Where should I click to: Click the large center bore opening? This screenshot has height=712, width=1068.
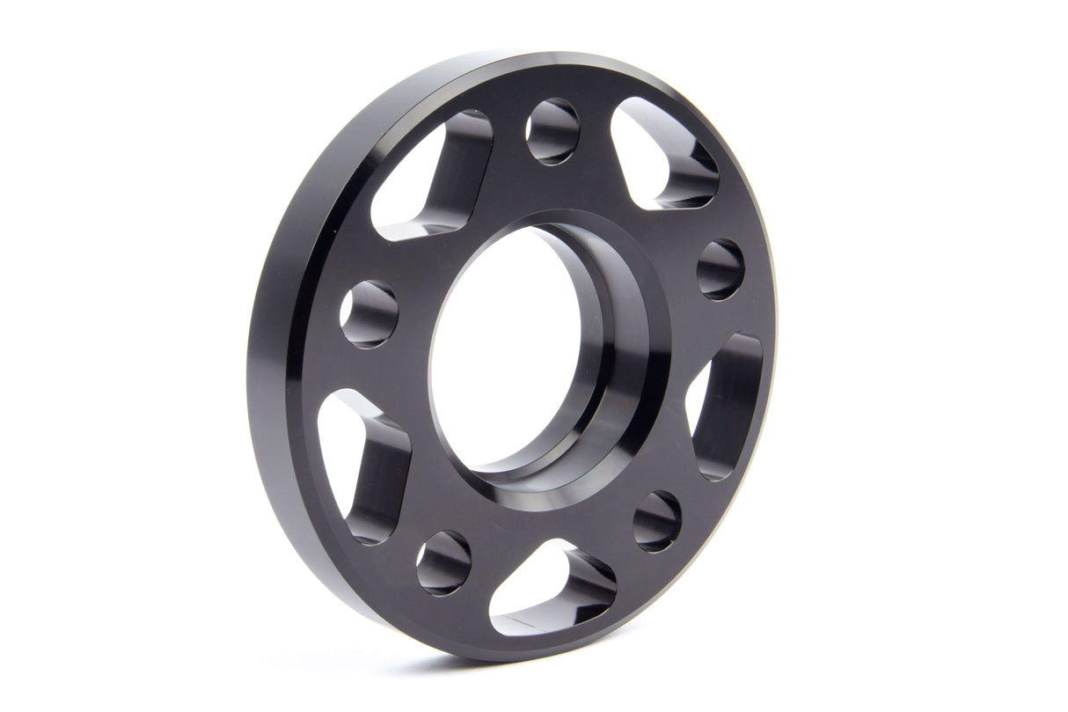[x=506, y=348]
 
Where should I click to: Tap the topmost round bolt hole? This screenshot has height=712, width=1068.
[x=552, y=131]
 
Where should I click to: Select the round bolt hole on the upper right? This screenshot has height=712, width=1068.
[x=721, y=269]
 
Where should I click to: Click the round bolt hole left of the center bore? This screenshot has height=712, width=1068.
[x=369, y=314]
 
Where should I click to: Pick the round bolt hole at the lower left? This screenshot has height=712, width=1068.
[x=443, y=562]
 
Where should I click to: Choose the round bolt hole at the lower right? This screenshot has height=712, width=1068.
[x=657, y=521]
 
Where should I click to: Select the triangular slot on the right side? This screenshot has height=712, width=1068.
[x=726, y=405]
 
